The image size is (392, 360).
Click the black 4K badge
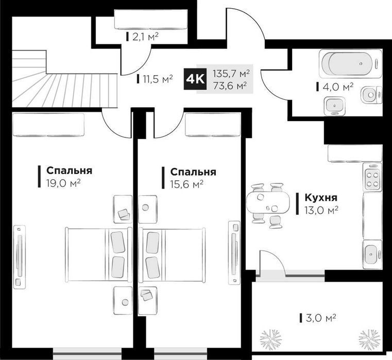click(x=195, y=79)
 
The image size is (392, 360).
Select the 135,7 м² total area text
click(x=231, y=74)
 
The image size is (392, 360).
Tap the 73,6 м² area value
click(x=230, y=85)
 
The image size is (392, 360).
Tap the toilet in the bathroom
click(x=372, y=95)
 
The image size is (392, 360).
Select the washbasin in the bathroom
click(x=335, y=106)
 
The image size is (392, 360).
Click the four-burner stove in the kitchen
click(x=372, y=177)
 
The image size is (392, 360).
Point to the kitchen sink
click(x=372, y=255)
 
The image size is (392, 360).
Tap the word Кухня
click(x=321, y=197)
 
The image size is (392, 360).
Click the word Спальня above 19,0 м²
click(x=69, y=170)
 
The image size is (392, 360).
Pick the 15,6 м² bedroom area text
click(x=186, y=184)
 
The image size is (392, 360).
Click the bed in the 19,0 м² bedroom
click(x=99, y=254)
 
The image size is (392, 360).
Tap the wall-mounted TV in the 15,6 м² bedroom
click(x=234, y=252)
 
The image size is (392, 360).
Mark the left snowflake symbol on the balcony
click(x=271, y=339)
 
